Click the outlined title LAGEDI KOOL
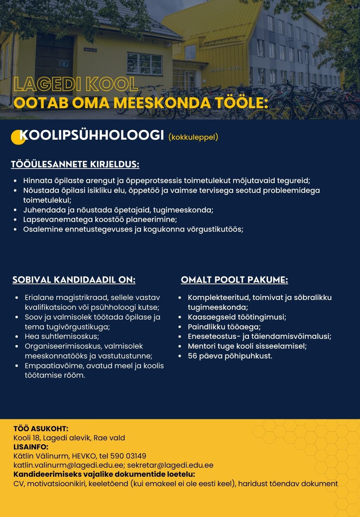click(75, 84)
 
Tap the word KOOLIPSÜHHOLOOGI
click(92, 135)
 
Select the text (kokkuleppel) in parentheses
click(193, 137)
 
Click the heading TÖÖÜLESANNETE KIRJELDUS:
click(75, 164)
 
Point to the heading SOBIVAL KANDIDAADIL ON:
click(74, 280)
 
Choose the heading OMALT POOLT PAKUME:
click(234, 280)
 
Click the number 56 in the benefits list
click(192, 356)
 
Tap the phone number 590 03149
click(128, 456)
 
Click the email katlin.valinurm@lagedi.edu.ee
click(69, 465)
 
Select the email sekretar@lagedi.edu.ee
click(170, 465)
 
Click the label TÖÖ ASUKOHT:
click(41, 429)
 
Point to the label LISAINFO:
click(31, 447)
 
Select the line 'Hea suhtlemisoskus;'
click(62, 337)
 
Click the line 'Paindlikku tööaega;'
click(224, 327)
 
